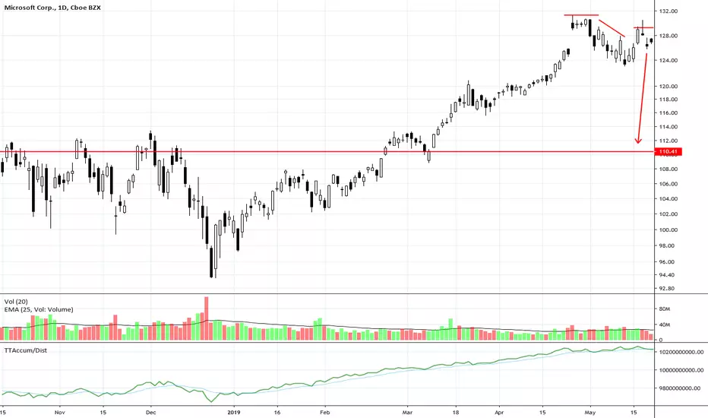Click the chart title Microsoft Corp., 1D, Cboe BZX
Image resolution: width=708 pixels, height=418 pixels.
(52, 8)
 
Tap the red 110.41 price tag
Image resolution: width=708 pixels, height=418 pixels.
(668, 152)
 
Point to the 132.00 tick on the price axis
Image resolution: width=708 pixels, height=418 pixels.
(668, 11)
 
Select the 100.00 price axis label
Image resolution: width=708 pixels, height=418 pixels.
(668, 230)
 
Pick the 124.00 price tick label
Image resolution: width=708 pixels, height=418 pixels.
(668, 61)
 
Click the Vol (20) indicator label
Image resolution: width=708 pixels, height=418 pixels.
(16, 302)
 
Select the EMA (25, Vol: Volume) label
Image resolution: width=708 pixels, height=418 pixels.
(39, 309)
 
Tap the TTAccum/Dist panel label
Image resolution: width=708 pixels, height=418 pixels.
(25, 350)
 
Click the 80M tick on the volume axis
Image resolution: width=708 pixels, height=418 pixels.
(664, 309)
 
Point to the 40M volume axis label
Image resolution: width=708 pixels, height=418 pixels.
(664, 325)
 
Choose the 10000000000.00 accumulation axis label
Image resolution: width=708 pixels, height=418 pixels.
(681, 370)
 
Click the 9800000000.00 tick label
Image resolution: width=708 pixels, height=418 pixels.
(680, 388)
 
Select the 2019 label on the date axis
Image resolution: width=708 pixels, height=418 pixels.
(233, 413)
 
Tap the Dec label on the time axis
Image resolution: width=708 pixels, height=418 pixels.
(151, 413)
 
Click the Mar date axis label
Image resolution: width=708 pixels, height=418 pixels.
(407, 413)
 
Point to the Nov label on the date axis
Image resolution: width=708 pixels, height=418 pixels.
(59, 413)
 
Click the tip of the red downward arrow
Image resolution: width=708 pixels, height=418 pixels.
(637, 144)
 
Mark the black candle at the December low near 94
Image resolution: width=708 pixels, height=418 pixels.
(211, 262)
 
